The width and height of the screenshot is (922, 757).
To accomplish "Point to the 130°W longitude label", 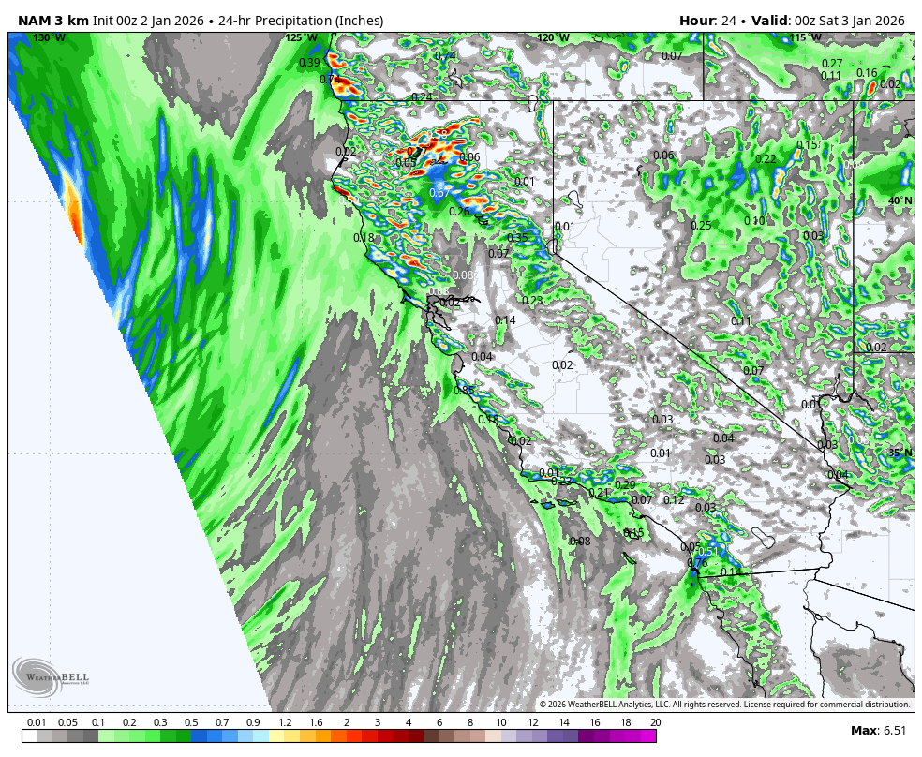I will (x=49, y=37).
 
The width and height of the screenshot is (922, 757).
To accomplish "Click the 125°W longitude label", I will (x=301, y=37).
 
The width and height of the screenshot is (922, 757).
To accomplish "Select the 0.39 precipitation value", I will (x=309, y=63).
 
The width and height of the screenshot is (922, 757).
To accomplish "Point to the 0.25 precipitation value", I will (x=701, y=225).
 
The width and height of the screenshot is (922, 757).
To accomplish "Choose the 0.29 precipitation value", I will (x=625, y=484).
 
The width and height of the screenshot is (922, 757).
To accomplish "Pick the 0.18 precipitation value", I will (x=364, y=238).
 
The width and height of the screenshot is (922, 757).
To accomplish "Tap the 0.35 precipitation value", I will (x=517, y=238).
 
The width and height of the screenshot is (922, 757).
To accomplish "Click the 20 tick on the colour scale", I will (x=655, y=722).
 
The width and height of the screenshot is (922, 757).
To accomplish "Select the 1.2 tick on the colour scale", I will (x=285, y=722).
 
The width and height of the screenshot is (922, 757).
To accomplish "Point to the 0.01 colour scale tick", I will (x=37, y=722).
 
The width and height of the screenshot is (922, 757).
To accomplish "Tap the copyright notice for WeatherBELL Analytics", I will (x=724, y=705).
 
